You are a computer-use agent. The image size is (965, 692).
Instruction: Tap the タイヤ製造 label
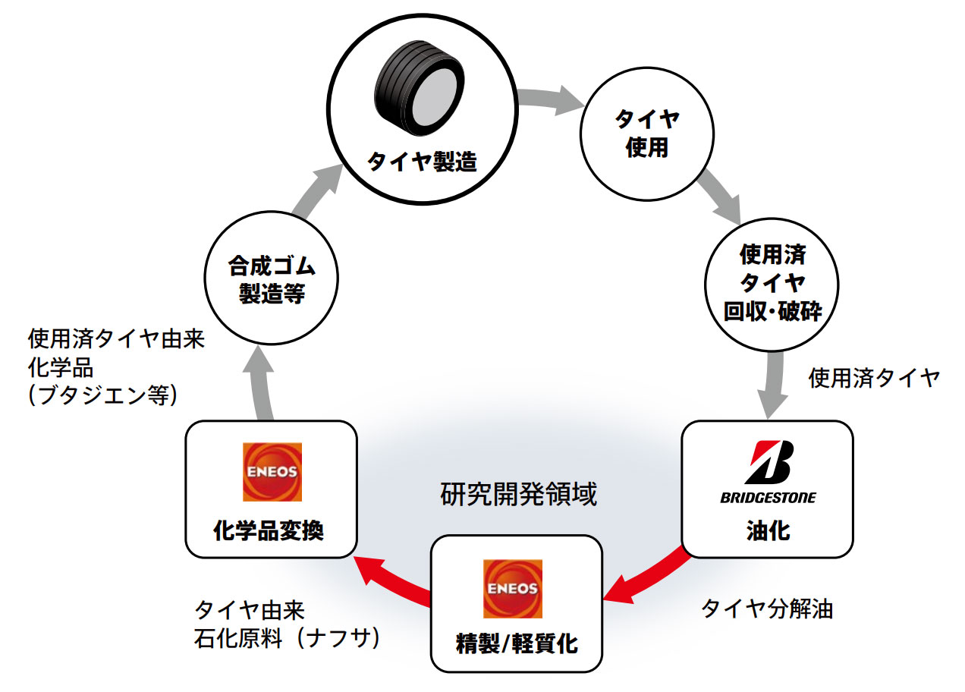pyautogui.click(x=422, y=162)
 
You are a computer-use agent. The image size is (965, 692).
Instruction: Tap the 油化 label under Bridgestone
pyautogui.click(x=768, y=530)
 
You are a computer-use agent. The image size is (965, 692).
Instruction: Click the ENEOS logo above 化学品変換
pyautogui.click(x=272, y=472)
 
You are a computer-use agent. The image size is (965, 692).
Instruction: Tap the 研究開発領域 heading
pyautogui.click(x=519, y=495)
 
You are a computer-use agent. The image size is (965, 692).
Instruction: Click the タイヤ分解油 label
pyautogui.click(x=766, y=608)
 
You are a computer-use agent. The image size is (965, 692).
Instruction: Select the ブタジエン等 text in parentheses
pyautogui.click(x=102, y=396)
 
